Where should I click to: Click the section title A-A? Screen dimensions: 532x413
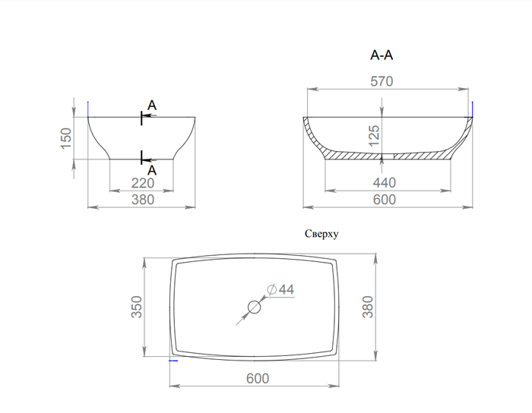coord(382,55)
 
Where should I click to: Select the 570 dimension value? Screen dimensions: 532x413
coord(382,81)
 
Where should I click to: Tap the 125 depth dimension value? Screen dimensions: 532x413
coord(374,136)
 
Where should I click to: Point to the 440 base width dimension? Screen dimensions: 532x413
coord(385,183)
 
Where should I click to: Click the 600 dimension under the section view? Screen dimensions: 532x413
coord(385,200)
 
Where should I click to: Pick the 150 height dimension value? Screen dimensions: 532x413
coord(66,138)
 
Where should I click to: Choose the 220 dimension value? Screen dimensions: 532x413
coord(143,183)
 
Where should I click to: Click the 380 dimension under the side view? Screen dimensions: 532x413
coord(143,200)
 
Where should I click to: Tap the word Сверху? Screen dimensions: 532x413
coord(321,234)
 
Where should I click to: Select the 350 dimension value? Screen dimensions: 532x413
coord(137,307)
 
